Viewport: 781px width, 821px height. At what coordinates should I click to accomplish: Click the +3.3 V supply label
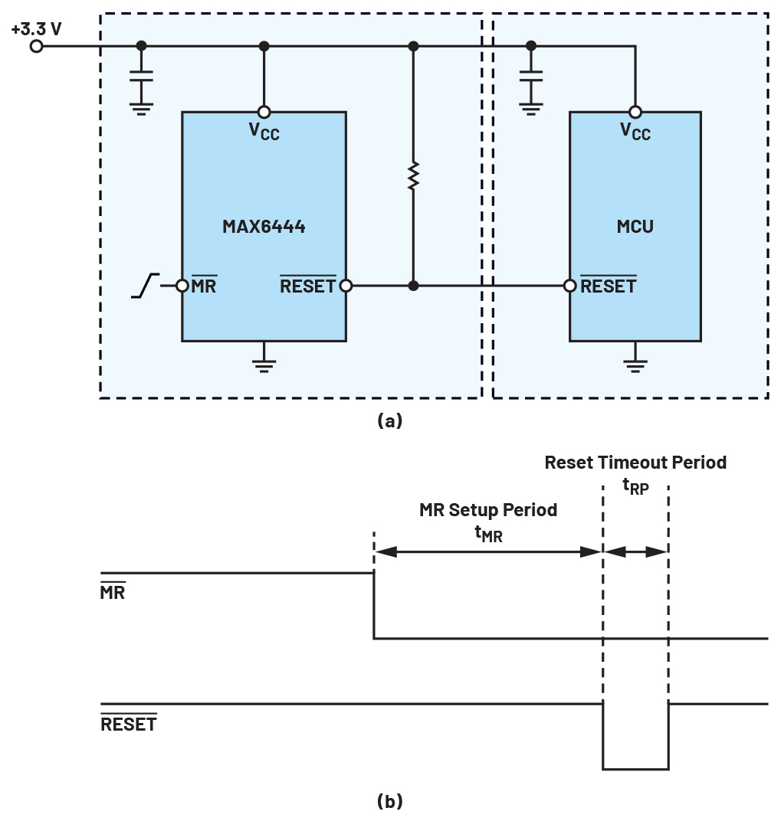36,28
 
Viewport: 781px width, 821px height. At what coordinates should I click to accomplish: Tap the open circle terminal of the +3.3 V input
36,46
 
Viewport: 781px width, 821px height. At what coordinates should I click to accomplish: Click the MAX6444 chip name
264,226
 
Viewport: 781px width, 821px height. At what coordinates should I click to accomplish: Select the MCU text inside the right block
635,226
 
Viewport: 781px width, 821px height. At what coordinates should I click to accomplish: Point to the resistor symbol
413,175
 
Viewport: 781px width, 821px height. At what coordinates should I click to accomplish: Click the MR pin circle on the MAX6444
182,286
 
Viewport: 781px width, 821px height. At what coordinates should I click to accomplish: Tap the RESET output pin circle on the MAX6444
346,286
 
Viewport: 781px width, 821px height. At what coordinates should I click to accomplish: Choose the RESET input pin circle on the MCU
569,286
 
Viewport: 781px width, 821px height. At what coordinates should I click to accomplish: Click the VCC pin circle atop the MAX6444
264,112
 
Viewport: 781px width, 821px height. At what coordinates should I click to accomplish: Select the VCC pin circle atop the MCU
635,112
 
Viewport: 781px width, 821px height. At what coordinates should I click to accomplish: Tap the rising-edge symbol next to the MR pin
145,286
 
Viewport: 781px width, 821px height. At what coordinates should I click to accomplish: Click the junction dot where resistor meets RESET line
413,286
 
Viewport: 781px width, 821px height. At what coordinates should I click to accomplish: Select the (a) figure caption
389,420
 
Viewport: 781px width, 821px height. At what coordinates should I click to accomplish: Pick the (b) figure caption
389,801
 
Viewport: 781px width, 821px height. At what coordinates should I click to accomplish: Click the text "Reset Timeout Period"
635,463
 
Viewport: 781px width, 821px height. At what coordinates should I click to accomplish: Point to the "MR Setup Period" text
488,509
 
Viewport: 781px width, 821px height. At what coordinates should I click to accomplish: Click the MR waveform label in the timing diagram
113,591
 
